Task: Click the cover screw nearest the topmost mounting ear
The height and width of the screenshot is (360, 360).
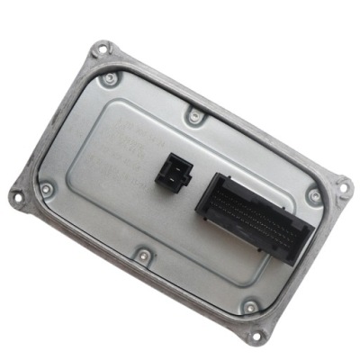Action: click(111, 79)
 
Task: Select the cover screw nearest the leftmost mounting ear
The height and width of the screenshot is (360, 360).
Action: click(47, 190)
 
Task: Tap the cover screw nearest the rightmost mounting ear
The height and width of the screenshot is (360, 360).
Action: click(313, 195)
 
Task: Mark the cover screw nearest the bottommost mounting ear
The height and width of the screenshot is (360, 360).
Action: click(249, 306)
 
